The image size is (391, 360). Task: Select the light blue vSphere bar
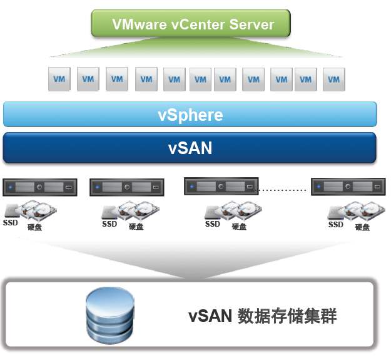click(x=190, y=115)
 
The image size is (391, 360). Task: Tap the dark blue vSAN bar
click(x=190, y=148)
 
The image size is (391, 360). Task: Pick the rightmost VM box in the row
click(x=334, y=80)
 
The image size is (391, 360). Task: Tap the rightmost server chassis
click(x=348, y=187)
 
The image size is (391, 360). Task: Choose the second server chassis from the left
click(x=127, y=187)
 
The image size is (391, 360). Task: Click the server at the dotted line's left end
click(x=221, y=186)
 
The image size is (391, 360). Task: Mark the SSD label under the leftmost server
click(x=11, y=222)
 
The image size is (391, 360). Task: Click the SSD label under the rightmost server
click(x=336, y=224)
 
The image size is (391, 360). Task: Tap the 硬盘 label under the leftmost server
click(x=35, y=227)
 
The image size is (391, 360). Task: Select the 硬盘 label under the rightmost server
click(x=362, y=227)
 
